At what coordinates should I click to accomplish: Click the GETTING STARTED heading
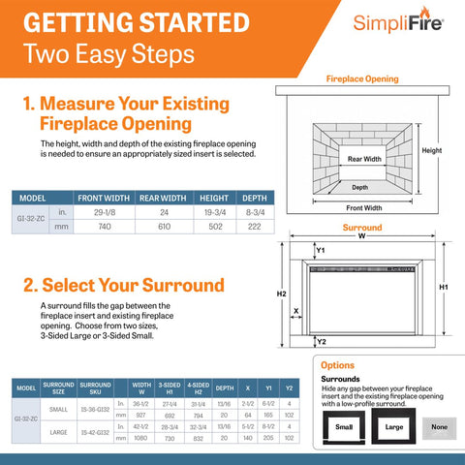point(132,21)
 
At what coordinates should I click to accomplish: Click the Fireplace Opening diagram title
point(361,78)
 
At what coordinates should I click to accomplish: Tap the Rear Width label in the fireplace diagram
point(364,158)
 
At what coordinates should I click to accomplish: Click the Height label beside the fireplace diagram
point(432,150)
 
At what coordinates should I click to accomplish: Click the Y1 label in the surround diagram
point(322,250)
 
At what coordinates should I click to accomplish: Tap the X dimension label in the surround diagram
point(294,311)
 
